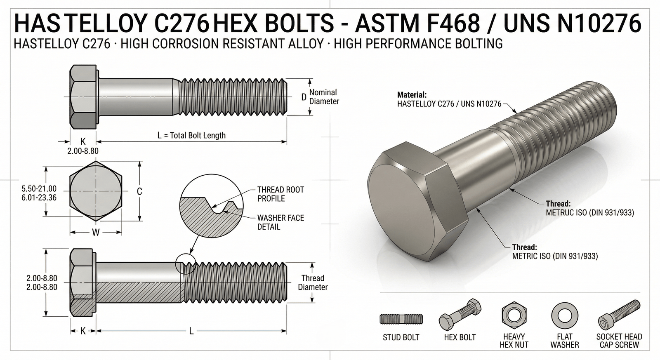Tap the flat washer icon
564,315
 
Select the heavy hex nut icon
514,315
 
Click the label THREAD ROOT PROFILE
280,194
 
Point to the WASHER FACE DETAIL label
280,222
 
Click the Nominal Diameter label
324,97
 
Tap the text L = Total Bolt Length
191,135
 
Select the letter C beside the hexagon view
139,191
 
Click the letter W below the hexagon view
96,233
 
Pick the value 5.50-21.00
39,189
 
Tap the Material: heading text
412,95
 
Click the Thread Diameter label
313,282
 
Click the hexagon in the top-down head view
96,191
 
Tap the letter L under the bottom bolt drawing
191,331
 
